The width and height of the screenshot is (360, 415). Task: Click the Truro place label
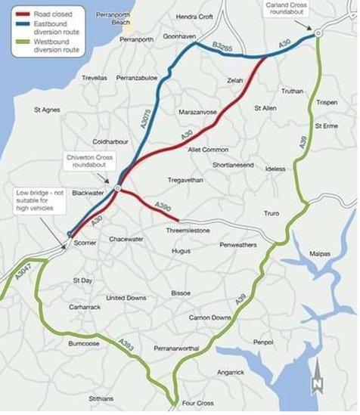pyautogui.click(x=271, y=214)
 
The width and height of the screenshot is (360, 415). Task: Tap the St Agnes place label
pyautogui.click(x=48, y=110)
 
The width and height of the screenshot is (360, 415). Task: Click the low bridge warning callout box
pyautogui.click(x=35, y=200)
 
